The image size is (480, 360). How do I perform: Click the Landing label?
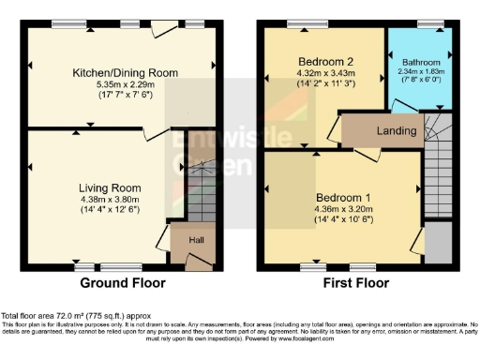pos(397,130)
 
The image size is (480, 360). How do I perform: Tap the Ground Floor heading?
pos(122,282)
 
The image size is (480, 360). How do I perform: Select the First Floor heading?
pos(354,282)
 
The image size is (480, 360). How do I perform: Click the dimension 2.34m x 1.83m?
pos(420,71)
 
